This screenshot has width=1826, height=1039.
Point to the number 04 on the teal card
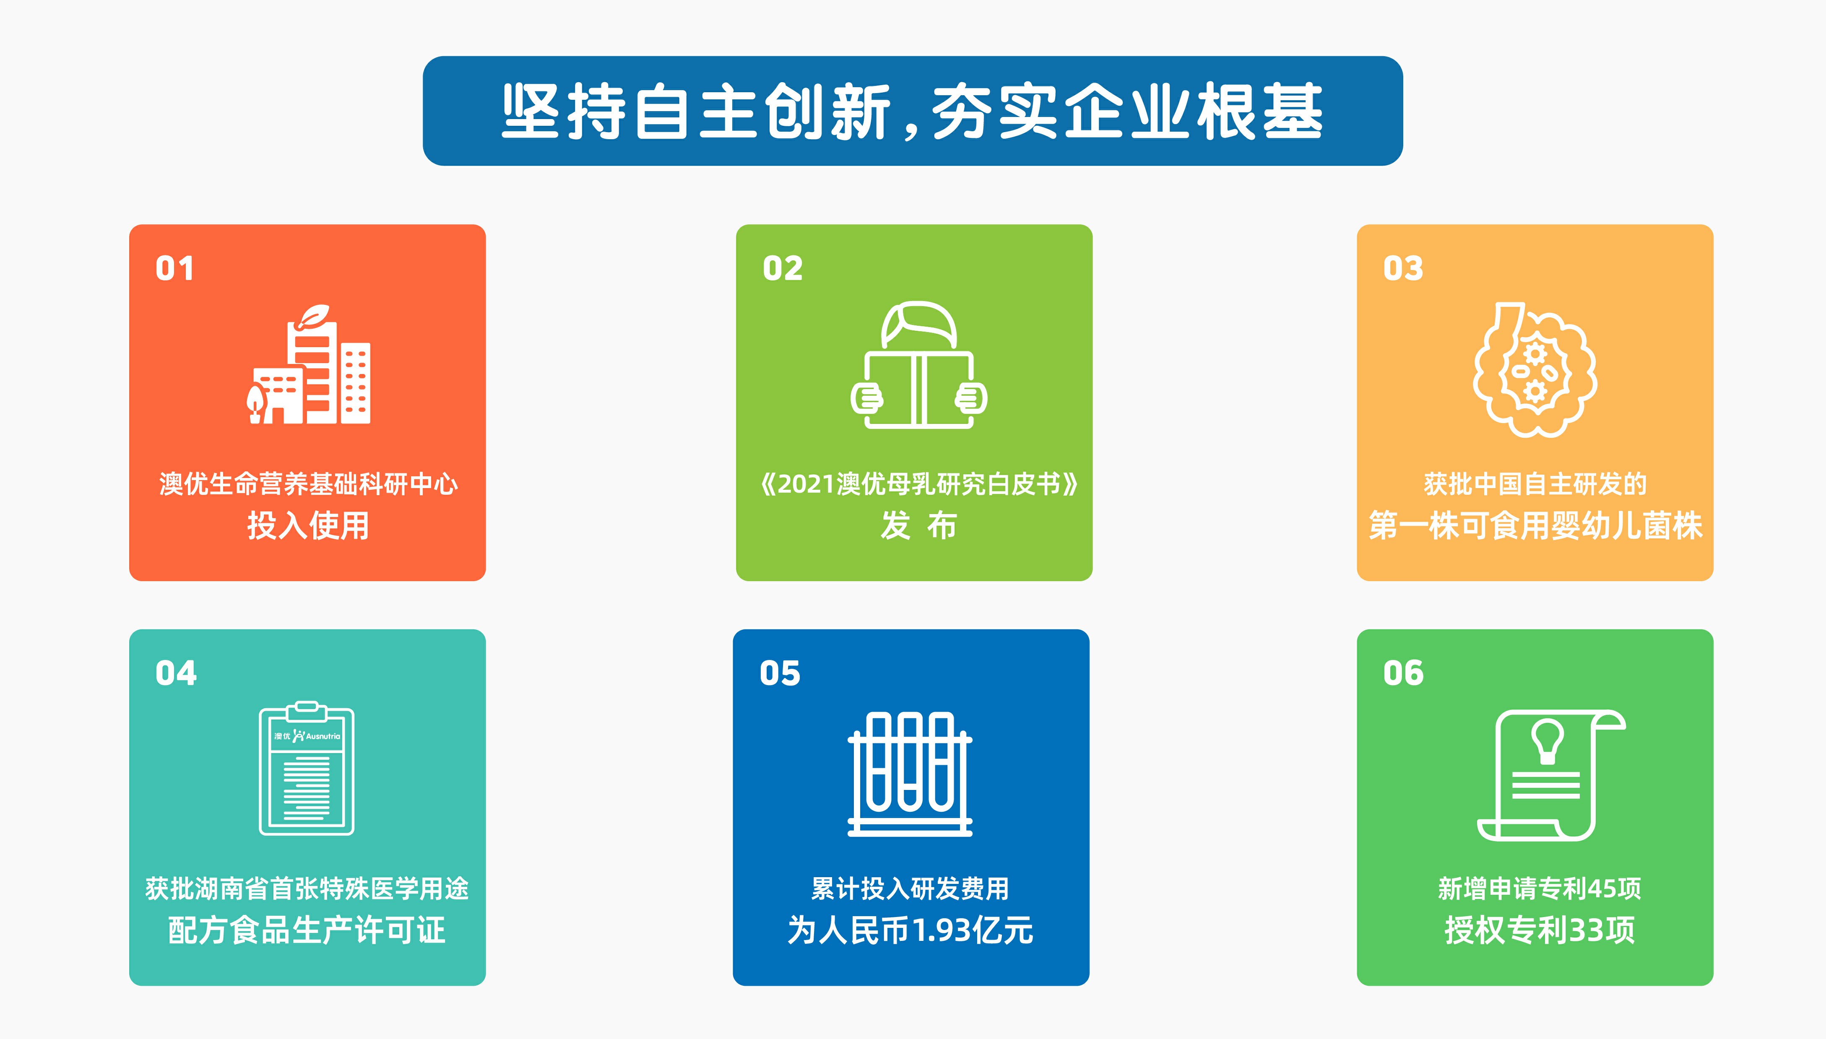pyautogui.click(x=176, y=673)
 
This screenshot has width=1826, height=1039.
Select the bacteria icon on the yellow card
pyautogui.click(x=1535, y=369)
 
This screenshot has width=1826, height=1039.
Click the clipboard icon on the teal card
pyautogui.click(x=307, y=768)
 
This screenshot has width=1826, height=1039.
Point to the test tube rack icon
pyautogui.click(x=910, y=774)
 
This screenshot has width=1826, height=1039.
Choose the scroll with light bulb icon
pyautogui.click(x=1550, y=775)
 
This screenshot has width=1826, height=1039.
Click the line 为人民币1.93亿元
pyautogui.click(x=910, y=930)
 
